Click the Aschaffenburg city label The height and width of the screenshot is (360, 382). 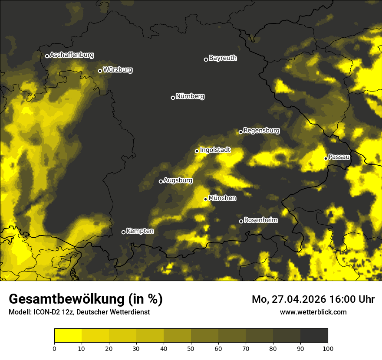point(72,55)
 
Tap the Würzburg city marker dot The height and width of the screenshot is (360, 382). point(100,71)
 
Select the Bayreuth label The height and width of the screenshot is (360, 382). point(223,58)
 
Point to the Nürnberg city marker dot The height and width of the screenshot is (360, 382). point(173,98)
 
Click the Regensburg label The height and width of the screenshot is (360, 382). point(261,131)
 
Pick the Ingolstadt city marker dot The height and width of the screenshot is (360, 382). point(197,151)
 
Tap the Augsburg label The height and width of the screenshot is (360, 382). point(178,180)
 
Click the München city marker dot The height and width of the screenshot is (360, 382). point(205,199)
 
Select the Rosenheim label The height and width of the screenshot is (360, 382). point(260,220)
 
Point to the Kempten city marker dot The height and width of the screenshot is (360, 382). point(123,232)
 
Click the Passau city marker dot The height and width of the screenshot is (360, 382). point(326,158)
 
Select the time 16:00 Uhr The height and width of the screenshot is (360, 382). point(352,299)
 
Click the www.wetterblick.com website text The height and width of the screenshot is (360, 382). point(313,312)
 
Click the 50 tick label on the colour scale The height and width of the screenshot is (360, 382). point(191,348)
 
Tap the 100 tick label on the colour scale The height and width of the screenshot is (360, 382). point(328,348)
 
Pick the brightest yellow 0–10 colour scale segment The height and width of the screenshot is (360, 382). point(68,336)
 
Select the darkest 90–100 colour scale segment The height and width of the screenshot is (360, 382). point(314,336)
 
